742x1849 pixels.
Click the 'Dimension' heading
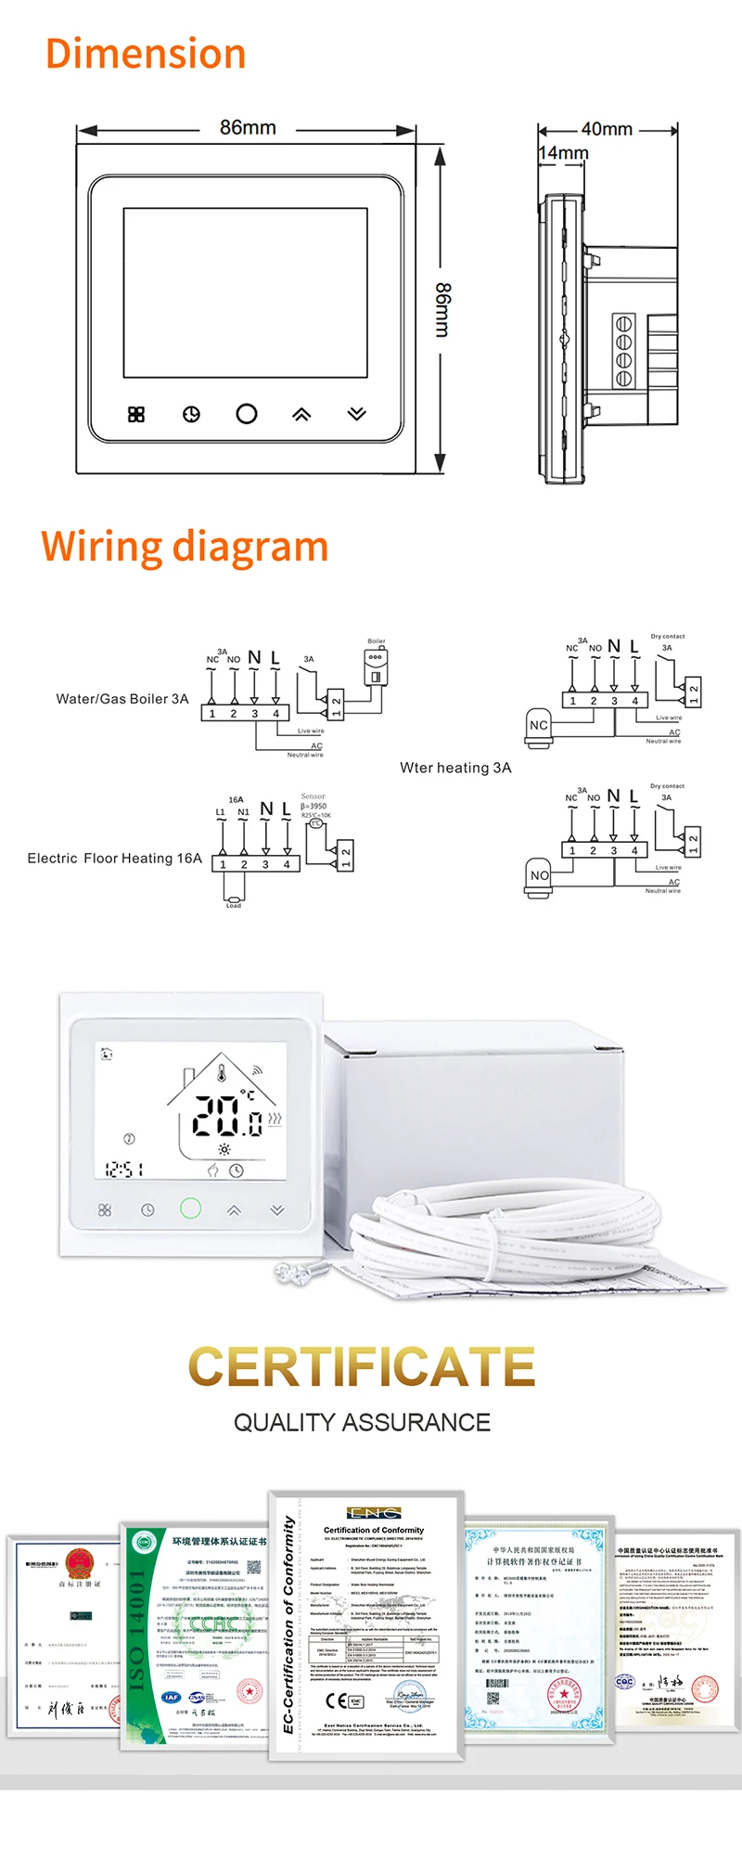tap(146, 54)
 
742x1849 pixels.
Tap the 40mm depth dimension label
tap(607, 129)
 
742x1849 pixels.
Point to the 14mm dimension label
tap(563, 152)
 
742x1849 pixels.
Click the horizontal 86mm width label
tap(248, 127)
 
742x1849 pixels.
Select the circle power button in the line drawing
tap(247, 414)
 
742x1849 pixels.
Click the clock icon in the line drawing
tap(191, 414)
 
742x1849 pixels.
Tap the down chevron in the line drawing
tap(357, 414)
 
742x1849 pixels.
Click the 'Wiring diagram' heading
tap(185, 546)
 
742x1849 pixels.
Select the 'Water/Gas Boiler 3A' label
tap(122, 699)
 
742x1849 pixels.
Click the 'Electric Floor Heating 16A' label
tap(114, 859)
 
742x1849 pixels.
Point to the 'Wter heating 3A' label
tap(455, 768)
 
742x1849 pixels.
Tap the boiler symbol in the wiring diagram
tap(376, 665)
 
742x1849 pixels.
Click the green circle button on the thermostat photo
tap(190, 1208)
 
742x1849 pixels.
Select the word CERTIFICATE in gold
tap(362, 1366)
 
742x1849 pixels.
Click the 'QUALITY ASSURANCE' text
tap(362, 1422)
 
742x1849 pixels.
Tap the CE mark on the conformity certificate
tap(337, 1700)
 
